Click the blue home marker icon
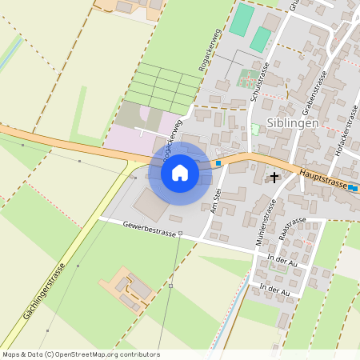pos(180,173)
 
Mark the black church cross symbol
pos(274,177)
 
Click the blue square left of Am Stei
pos(218,163)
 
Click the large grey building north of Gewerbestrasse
pos(152,206)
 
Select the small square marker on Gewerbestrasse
pos(181,234)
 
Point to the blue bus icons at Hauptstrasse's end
pos(353,188)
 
